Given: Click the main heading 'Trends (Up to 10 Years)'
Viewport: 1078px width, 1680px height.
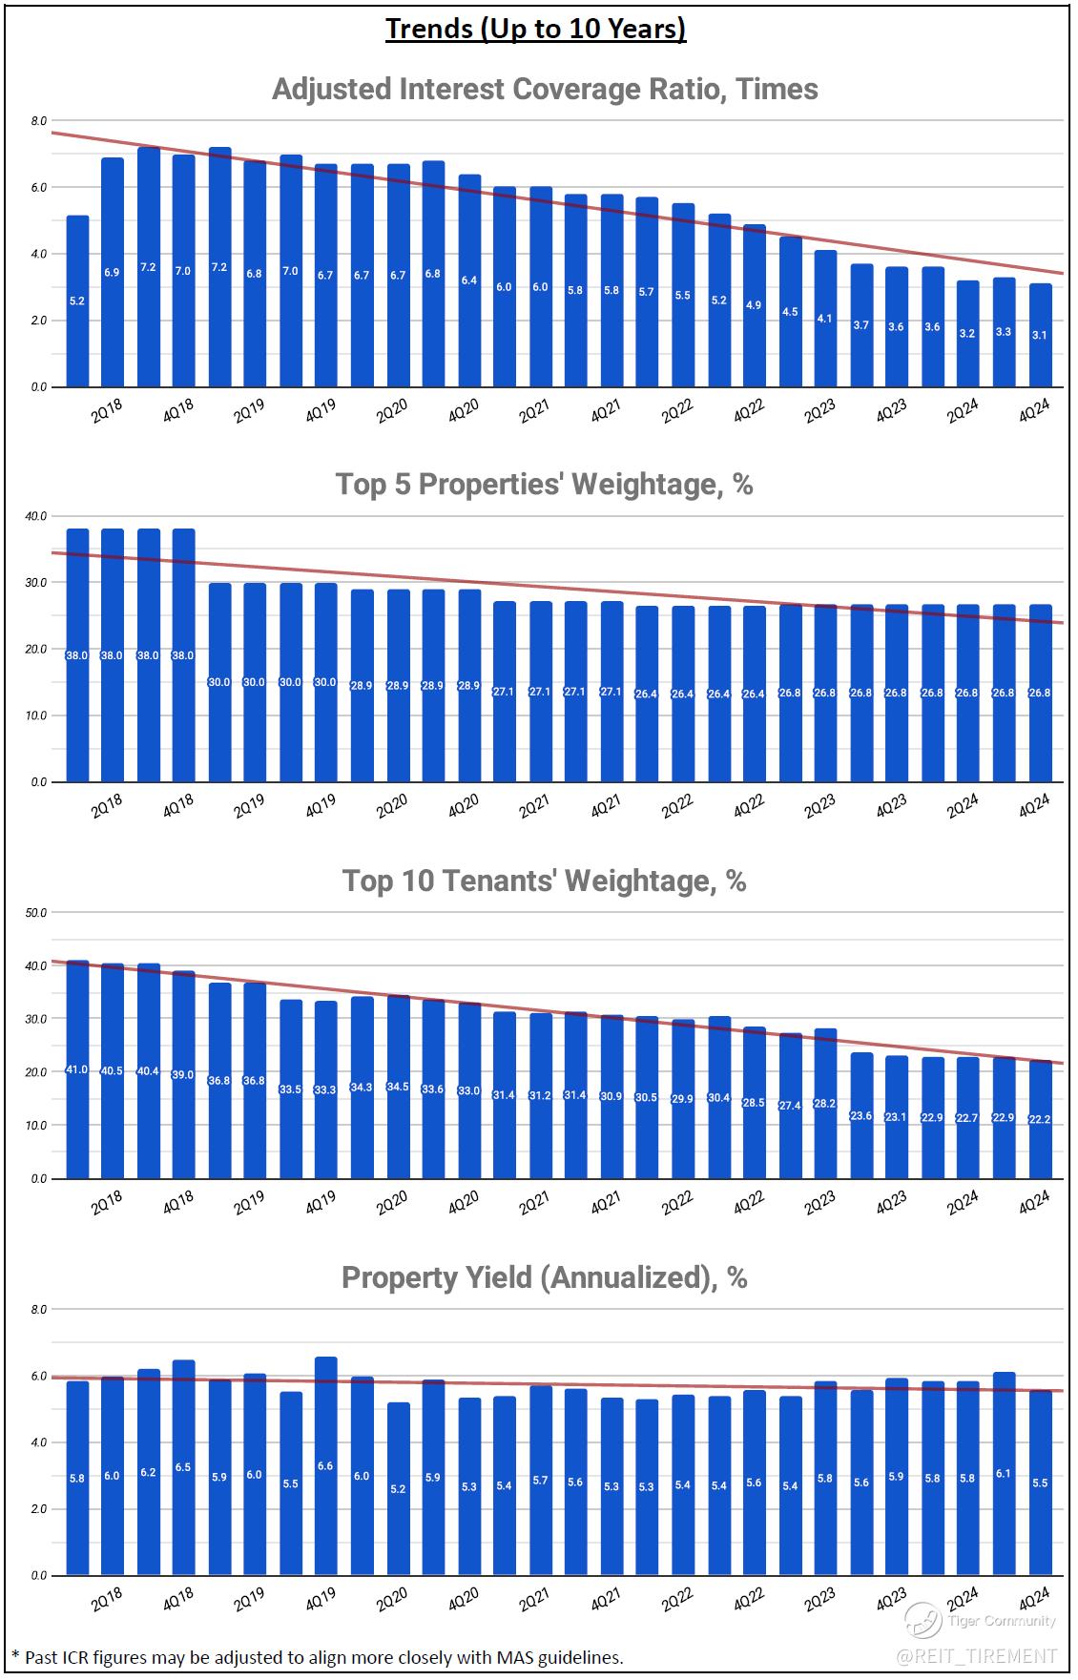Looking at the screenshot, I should (x=536, y=29).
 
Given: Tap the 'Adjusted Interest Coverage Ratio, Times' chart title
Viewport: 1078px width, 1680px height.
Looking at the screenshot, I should (x=545, y=89).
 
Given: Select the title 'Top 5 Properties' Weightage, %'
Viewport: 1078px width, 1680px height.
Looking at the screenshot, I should (x=545, y=485).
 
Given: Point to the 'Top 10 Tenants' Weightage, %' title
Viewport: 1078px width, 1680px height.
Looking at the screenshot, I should (x=545, y=881).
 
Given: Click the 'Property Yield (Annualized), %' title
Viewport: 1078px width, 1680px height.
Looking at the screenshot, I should (x=545, y=1276).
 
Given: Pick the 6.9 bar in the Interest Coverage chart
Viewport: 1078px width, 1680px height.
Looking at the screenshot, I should (x=113, y=272).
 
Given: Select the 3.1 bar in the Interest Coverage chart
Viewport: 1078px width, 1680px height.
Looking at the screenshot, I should (x=1041, y=335).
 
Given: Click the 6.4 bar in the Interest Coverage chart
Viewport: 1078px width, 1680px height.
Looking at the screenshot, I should (x=469, y=280).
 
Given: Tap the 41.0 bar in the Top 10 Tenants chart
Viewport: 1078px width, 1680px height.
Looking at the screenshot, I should (x=77, y=1069).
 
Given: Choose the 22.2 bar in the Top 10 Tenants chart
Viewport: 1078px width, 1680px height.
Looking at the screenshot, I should (x=1041, y=1119).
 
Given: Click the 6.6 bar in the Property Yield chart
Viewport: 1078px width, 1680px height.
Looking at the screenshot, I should (x=326, y=1465).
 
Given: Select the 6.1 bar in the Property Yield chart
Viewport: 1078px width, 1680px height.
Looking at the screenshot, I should (x=1005, y=1473).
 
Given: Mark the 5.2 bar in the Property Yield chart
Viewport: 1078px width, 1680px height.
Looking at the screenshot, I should (x=398, y=1488).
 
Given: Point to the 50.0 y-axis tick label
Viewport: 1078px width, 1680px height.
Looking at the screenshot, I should (x=36, y=913).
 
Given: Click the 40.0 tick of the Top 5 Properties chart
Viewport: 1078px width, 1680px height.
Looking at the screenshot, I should (x=36, y=516).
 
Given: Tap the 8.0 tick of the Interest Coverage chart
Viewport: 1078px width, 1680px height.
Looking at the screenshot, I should (x=38, y=121).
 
